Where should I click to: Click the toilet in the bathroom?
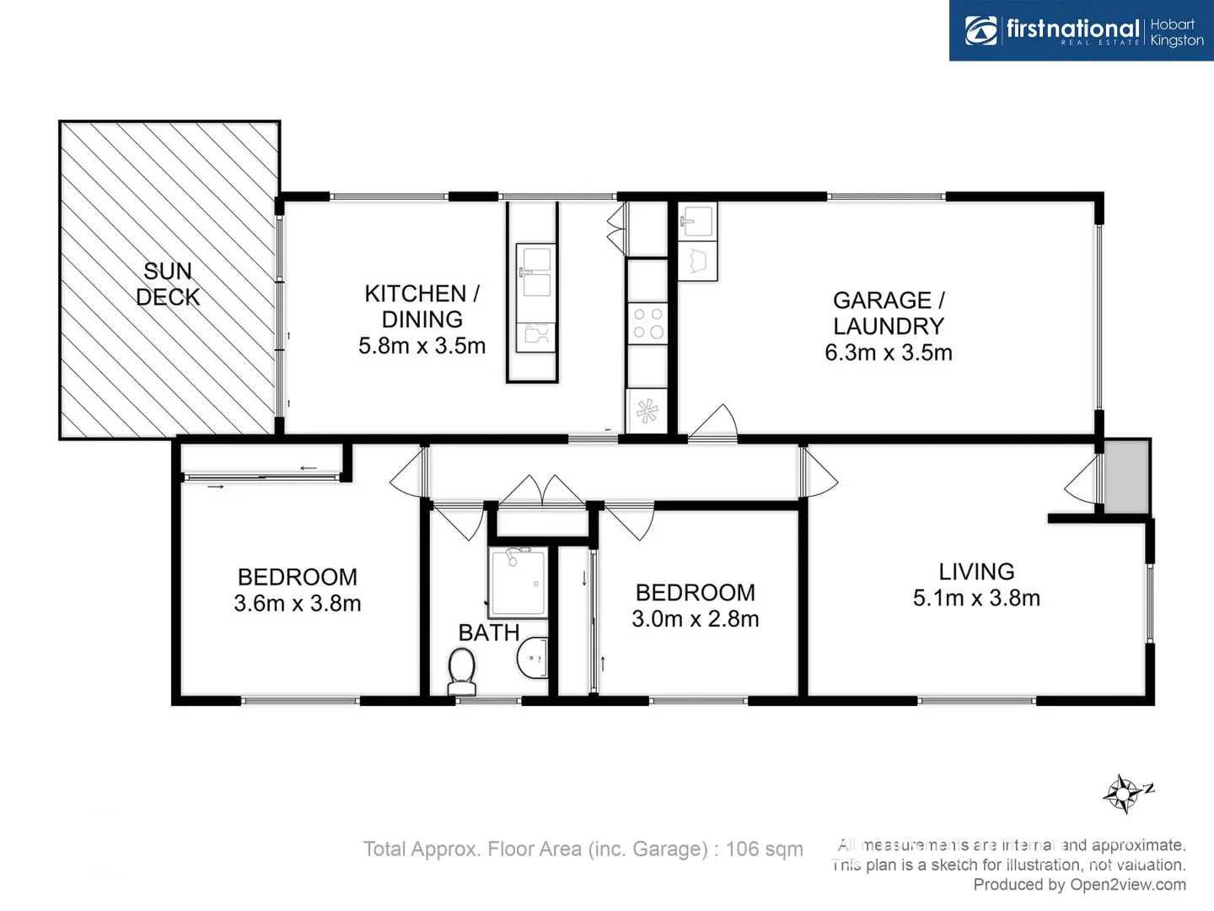[461, 669]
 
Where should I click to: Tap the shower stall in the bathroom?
[518, 582]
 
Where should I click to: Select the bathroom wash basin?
[533, 658]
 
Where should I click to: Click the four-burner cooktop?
[647, 323]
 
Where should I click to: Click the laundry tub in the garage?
[697, 222]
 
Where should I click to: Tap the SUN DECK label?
[168, 284]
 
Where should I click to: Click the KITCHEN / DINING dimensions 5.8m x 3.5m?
[422, 346]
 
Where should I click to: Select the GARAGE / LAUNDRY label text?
[889, 313]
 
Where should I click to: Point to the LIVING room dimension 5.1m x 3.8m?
[976, 598]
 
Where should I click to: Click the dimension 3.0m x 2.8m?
[696, 619]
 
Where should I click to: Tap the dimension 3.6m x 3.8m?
[298, 604]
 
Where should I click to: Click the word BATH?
[488, 633]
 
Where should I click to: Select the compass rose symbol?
[1125, 793]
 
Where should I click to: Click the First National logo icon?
[981, 31]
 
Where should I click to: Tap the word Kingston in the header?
[1177, 40]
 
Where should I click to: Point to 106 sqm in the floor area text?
[764, 849]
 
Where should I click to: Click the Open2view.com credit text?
[1127, 885]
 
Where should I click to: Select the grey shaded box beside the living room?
[1127, 476]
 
